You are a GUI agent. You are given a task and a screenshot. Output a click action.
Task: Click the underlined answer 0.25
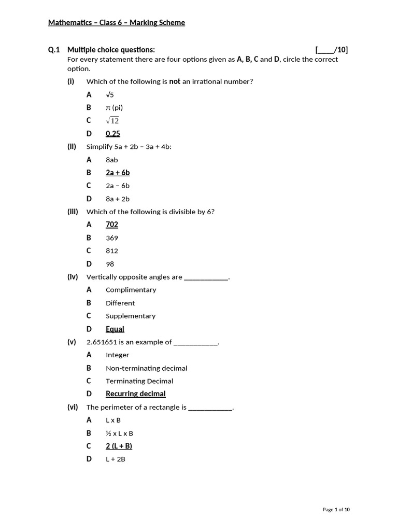[x=112, y=133]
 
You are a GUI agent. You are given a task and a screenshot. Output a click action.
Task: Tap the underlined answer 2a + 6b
[x=118, y=173]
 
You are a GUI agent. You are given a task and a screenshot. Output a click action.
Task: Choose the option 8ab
[x=112, y=160]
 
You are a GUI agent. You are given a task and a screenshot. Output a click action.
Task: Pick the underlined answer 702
[x=112, y=225]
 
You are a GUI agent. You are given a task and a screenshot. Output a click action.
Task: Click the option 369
[x=112, y=238]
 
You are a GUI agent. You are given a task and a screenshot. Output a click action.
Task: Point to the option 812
[x=112, y=251]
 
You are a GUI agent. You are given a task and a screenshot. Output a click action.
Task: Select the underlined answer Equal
[x=115, y=329]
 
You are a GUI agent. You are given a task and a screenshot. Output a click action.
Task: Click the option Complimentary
[x=131, y=290]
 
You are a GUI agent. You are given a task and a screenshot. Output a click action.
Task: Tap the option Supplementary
[x=131, y=316]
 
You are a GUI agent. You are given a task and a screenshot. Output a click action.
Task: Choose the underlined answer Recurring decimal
[x=136, y=394]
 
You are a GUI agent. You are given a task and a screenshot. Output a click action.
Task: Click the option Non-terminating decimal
[x=146, y=368]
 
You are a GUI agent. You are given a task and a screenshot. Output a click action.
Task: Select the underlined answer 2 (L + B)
[x=119, y=446]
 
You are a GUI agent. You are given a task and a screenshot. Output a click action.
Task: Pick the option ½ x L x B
[x=119, y=433]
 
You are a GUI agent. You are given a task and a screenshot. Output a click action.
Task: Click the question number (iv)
[x=73, y=277]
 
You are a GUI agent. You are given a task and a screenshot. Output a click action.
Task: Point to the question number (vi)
[x=73, y=407]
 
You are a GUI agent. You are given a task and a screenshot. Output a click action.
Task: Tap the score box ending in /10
[x=332, y=50]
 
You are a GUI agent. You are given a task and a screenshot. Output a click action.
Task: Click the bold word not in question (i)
[x=175, y=81]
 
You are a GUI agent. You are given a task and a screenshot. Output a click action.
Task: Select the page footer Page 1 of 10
[x=336, y=510]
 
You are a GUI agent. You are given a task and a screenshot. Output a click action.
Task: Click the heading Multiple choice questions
[x=111, y=50]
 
